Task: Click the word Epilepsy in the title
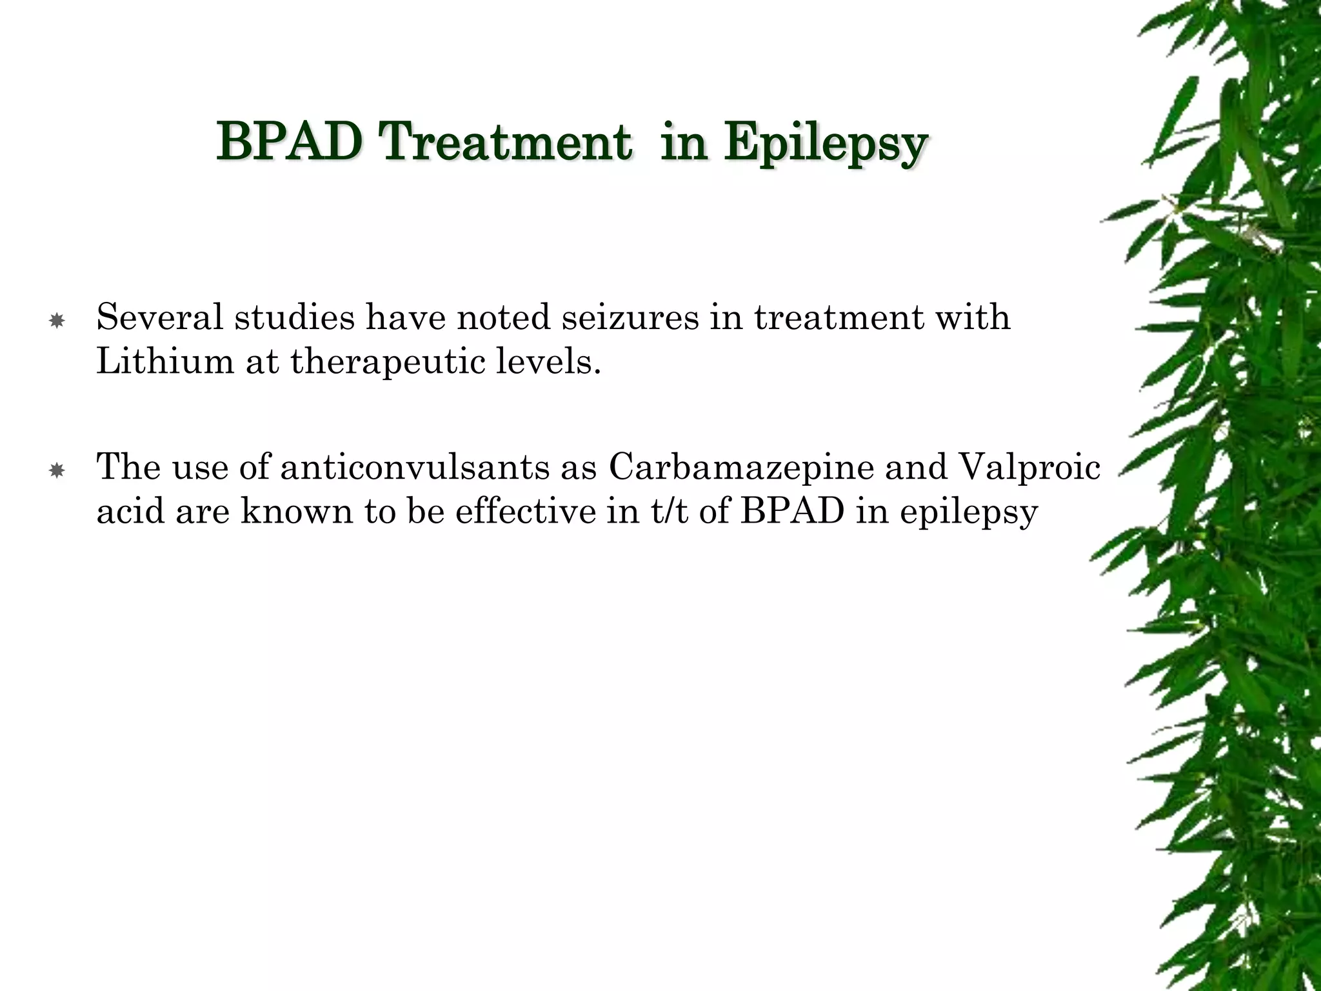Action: tap(825, 143)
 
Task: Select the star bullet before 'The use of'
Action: tap(57, 471)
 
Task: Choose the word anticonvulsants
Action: tap(414, 466)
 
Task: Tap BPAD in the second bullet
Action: tap(792, 511)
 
